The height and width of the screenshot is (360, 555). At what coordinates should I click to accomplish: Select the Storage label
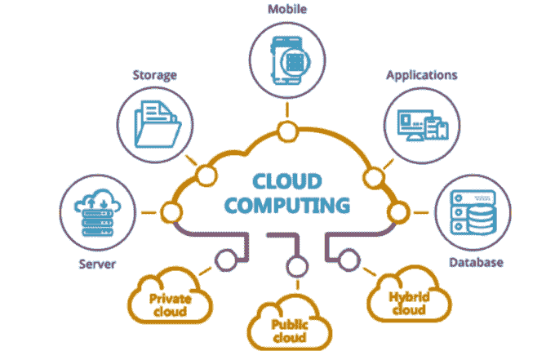(155, 76)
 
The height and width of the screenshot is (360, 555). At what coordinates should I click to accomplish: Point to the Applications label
(421, 75)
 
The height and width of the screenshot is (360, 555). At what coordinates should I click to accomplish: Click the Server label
(97, 264)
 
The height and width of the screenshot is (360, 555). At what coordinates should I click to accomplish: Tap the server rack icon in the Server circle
(96, 215)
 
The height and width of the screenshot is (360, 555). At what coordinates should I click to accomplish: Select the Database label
(476, 263)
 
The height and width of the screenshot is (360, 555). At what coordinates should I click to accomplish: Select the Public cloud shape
(289, 326)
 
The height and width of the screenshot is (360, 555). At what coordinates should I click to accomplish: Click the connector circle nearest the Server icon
(171, 213)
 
